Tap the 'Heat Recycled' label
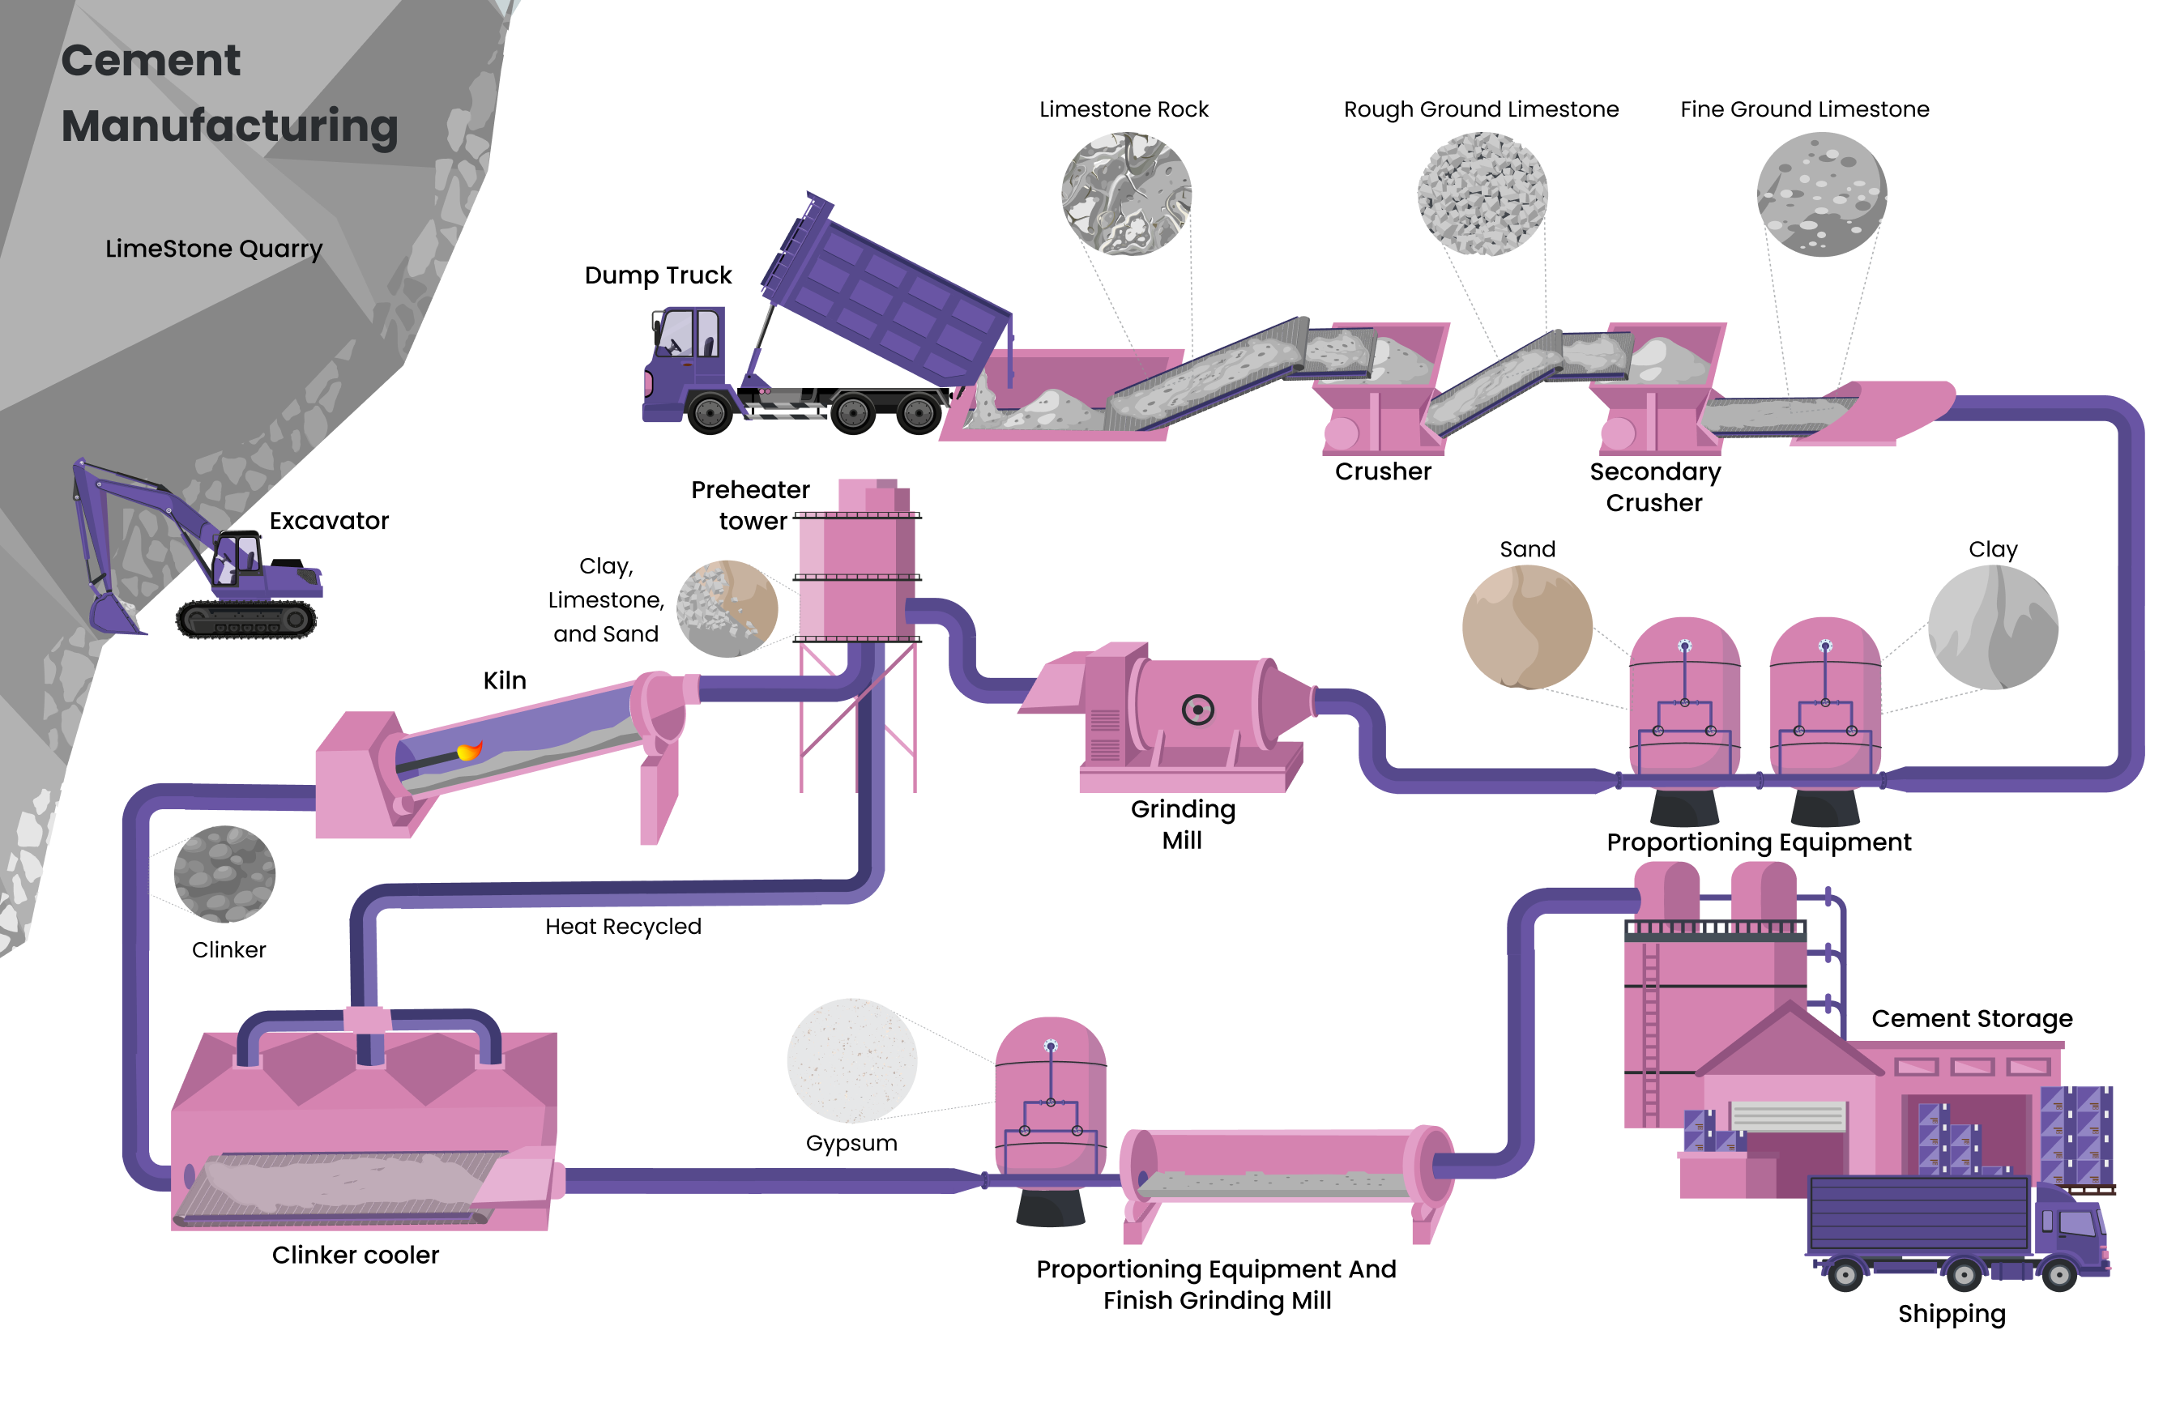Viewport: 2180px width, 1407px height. [622, 927]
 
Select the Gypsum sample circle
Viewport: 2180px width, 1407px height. [851, 1060]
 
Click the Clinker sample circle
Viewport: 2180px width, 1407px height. [224, 874]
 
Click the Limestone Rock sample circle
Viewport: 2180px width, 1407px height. [1124, 194]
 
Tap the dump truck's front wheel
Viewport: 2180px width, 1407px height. [709, 414]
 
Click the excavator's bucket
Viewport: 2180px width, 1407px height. [112, 612]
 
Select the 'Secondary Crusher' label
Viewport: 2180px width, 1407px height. [1653, 487]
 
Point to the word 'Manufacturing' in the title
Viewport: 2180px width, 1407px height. [229, 126]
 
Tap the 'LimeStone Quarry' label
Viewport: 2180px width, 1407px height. [213, 249]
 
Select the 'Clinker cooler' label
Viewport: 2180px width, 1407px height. [355, 1256]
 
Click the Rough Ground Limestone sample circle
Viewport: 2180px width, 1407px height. [1481, 194]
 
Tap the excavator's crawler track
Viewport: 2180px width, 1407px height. [245, 620]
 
